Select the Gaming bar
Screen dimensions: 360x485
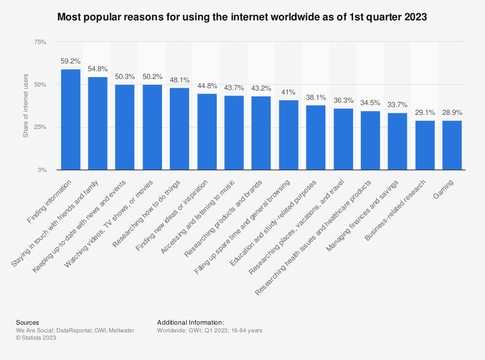(452, 145)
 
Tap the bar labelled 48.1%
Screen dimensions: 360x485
(179, 129)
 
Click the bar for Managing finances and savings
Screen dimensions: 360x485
(398, 141)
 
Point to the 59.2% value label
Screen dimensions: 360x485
(70, 62)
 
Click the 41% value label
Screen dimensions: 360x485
(289, 93)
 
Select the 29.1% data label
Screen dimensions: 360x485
(425, 113)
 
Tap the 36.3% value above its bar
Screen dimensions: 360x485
(343, 101)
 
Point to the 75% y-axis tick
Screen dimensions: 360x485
(40, 42)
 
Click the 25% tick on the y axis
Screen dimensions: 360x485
(40, 127)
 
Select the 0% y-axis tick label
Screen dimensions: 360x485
(42, 170)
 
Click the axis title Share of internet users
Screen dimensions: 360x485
(26, 106)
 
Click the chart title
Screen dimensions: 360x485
(242, 17)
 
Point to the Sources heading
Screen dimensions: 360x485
(28, 322)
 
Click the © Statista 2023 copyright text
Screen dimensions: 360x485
(36, 338)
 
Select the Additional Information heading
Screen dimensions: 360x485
(190, 322)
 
